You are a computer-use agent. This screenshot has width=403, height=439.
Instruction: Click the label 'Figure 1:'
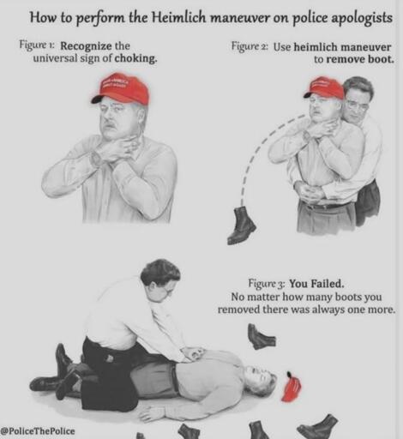(x=38, y=45)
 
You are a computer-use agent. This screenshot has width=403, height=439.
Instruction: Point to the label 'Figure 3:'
(x=267, y=283)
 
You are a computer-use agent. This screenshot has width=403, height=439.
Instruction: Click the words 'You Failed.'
(x=316, y=283)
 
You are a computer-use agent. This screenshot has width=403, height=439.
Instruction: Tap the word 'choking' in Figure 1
(x=139, y=59)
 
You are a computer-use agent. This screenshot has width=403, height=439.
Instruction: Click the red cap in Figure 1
(x=122, y=87)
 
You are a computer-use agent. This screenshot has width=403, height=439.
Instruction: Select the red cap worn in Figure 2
(x=324, y=87)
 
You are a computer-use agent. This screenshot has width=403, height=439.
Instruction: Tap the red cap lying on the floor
(x=292, y=388)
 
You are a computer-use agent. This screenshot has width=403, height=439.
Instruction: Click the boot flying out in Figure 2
(x=242, y=226)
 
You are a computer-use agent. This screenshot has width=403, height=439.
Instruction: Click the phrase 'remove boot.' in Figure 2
(x=353, y=60)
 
